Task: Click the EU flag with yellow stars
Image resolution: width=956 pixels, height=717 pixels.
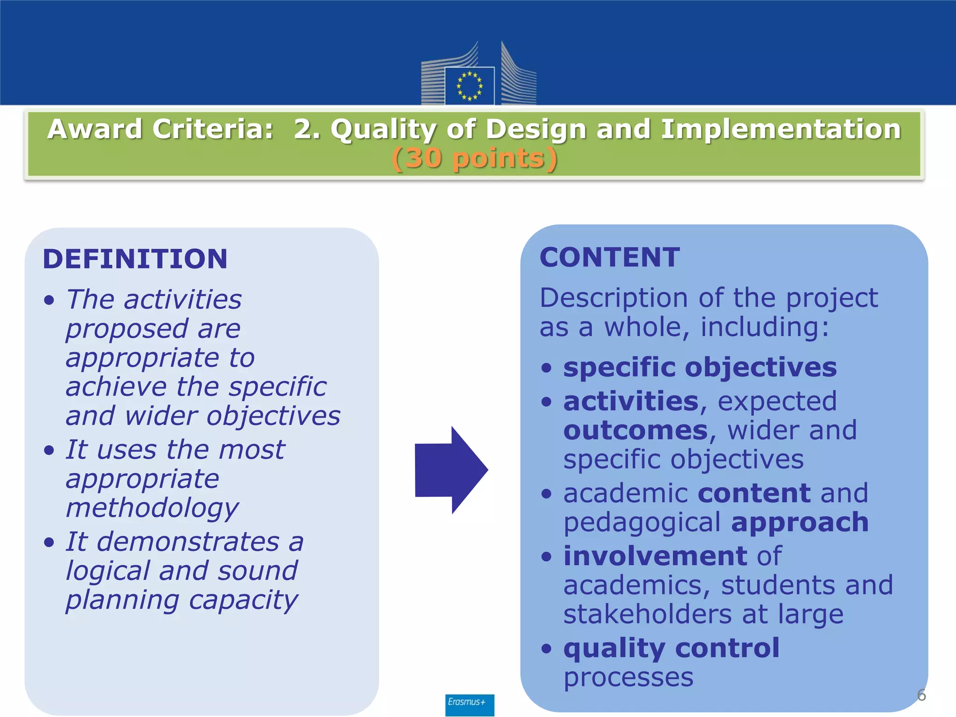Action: [x=469, y=86]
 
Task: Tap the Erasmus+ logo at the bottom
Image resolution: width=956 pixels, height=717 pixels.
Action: [x=469, y=704]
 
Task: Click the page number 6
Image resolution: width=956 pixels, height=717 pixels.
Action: [x=921, y=695]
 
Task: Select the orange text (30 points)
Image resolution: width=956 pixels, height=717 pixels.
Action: [x=475, y=158]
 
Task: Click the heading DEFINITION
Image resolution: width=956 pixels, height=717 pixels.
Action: [x=135, y=259]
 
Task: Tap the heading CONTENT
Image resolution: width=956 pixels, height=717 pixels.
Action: [x=610, y=258]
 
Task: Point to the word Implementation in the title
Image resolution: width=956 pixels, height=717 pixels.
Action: [x=780, y=129]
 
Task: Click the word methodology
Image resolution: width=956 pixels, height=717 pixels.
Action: [x=152, y=508]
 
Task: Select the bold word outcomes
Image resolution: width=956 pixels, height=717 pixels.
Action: [x=635, y=430]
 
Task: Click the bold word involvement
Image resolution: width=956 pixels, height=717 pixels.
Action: [x=655, y=556]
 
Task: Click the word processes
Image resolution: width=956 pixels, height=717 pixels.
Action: [x=628, y=677]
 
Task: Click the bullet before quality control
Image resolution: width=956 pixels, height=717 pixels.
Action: [x=546, y=649]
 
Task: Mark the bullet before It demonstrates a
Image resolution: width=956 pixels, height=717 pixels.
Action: [x=49, y=542]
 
